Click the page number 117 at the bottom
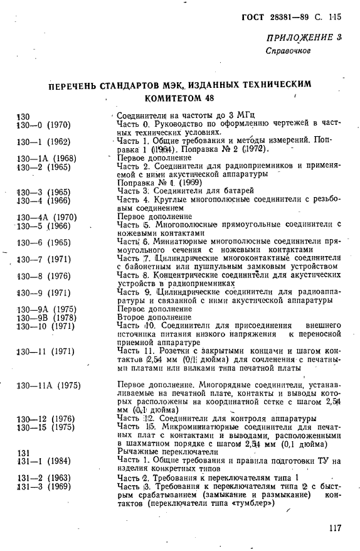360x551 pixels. tap(334, 528)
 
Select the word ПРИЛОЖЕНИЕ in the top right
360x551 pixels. tap(301, 40)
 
